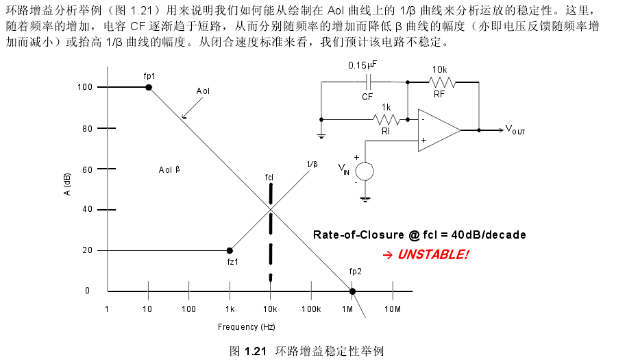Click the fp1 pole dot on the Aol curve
click(149, 87)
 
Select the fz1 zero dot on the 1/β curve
click(230, 250)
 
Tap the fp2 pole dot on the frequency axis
click(352, 291)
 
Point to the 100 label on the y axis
click(85, 86)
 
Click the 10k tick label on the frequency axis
click(270, 309)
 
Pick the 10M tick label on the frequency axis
click(393, 309)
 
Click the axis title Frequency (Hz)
click(247, 327)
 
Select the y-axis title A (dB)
click(67, 184)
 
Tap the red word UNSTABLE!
click(433, 254)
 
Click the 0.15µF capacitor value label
click(362, 65)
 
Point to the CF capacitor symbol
click(369, 82)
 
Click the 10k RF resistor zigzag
click(443, 82)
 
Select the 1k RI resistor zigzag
click(386, 120)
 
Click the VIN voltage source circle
click(365, 171)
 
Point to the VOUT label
click(515, 130)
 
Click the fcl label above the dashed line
click(269, 178)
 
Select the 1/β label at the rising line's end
click(312, 165)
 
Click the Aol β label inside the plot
click(169, 169)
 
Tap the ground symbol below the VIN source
click(365, 200)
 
